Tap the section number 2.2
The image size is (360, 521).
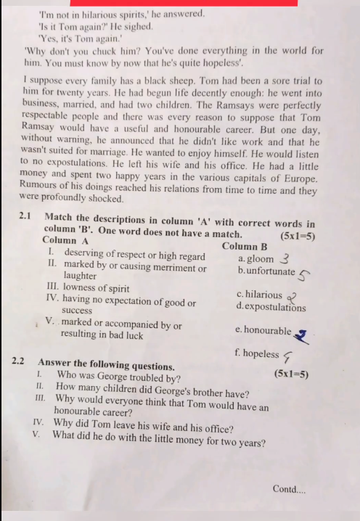coord(20,361)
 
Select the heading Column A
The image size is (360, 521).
coord(65,239)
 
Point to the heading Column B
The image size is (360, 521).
coord(244,246)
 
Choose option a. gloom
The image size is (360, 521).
coord(256,258)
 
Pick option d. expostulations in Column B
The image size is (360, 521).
coord(271,307)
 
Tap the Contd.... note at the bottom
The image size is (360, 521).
coord(289,489)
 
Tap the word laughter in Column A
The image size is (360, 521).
coord(80,276)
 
